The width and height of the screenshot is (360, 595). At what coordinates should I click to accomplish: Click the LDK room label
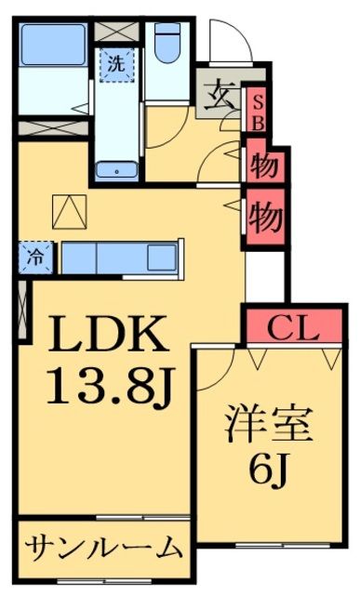102,334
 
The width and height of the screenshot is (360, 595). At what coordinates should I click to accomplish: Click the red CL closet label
294,326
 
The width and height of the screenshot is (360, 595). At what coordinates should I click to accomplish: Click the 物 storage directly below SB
265,165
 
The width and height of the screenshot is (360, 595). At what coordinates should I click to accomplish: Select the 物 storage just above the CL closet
265,217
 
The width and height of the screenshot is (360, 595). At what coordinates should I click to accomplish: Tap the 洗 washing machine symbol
116,64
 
